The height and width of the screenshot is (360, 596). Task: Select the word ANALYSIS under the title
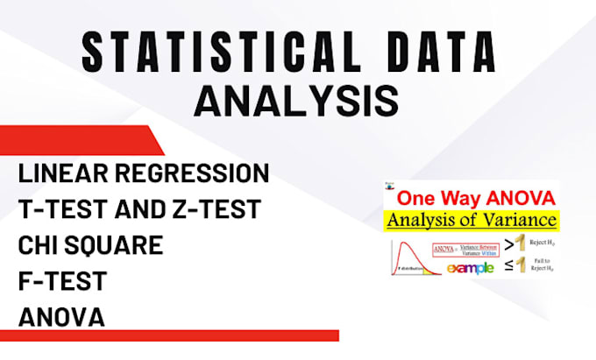295,100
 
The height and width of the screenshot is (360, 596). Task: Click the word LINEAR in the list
62,173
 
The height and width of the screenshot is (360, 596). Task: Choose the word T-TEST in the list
60,209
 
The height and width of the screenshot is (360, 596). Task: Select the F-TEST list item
62,281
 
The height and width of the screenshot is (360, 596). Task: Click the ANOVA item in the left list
61,316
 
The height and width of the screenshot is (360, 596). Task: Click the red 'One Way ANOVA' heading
470,198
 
